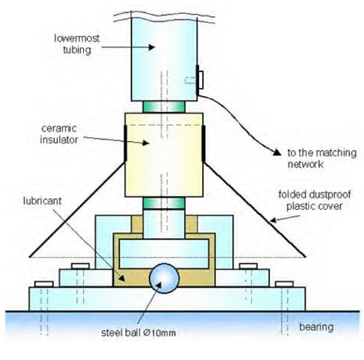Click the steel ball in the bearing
click(164, 278)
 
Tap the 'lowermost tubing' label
click(77, 44)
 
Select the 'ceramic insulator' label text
click(59, 134)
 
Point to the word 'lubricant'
click(42, 201)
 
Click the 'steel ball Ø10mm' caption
click(138, 333)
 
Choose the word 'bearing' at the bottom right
click(316, 327)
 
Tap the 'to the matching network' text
click(322, 158)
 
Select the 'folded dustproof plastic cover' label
click(314, 200)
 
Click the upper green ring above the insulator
click(164, 107)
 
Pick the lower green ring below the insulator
click(164, 203)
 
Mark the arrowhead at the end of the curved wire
click(277, 152)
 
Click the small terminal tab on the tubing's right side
click(201, 80)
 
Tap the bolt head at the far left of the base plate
click(44, 284)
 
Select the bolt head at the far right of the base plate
click(285, 284)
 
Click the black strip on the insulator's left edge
click(125, 143)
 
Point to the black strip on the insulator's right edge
click(203, 143)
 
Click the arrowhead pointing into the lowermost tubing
click(152, 47)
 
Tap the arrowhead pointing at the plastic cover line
click(273, 220)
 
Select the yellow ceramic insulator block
click(164, 155)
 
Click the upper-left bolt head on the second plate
click(80, 266)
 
